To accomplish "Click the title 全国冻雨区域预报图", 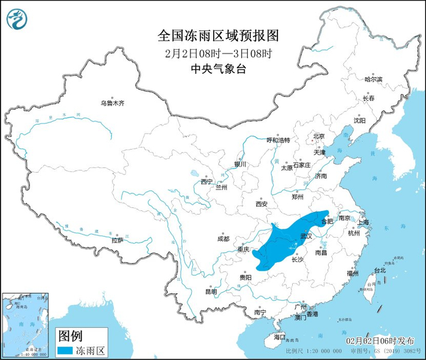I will (x=212, y=35).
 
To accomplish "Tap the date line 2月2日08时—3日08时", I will (x=212, y=53).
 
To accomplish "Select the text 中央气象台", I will (x=212, y=69).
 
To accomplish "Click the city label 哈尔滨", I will (x=373, y=80).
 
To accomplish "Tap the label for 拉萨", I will (x=117, y=240).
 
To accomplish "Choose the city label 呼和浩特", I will (x=278, y=140).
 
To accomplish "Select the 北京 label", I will (x=318, y=136).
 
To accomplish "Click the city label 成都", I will (x=222, y=239).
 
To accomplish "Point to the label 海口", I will (x=279, y=336).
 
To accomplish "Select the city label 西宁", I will (x=206, y=181).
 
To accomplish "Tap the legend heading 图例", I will (x=69, y=335).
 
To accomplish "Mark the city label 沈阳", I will (x=360, y=120).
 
